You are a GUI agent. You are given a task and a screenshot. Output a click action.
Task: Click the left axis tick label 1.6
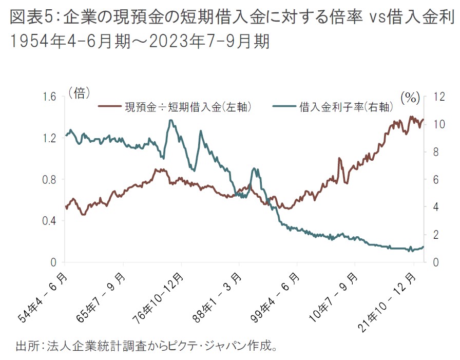pos(50,97)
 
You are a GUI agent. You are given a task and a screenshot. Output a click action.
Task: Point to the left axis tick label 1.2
pos(50,138)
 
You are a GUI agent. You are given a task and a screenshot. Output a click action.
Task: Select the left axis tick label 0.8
pos(50,180)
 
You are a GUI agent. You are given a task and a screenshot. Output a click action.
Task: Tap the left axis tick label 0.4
pos(50,221)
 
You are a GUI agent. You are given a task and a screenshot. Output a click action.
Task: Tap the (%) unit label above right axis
pos(410,97)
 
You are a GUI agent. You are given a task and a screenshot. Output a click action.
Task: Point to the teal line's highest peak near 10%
pos(171,121)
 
